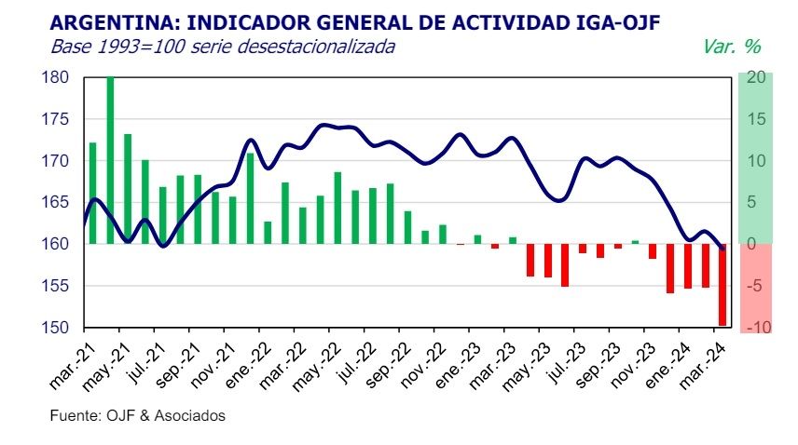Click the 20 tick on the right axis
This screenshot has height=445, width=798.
756,77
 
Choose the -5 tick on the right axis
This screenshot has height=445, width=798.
756,286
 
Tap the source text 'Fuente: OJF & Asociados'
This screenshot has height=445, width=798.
137,416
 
